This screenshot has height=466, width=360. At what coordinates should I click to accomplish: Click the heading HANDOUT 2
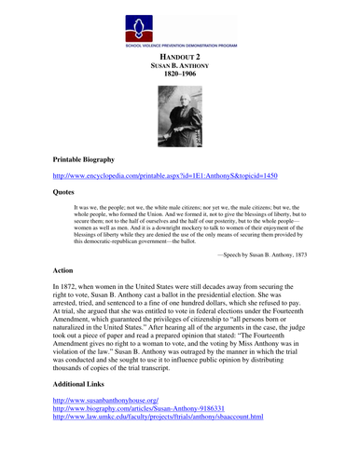[x=180, y=57]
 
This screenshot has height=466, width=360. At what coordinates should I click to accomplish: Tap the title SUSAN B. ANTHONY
[x=180, y=68]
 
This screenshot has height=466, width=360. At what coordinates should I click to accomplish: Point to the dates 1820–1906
[x=180, y=78]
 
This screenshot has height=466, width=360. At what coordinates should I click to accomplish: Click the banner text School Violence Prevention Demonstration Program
[x=180, y=45]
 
